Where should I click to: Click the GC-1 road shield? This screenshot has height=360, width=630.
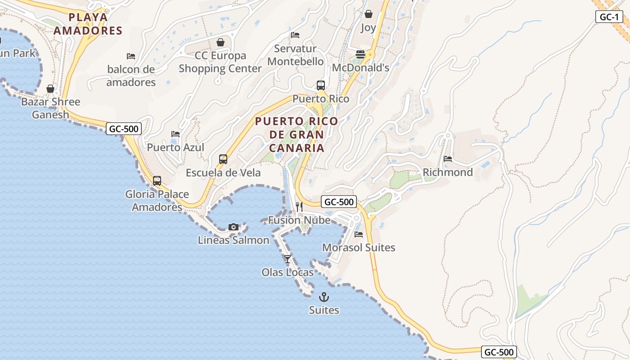[x=609, y=17]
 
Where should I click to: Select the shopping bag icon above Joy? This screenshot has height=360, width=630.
[x=368, y=14]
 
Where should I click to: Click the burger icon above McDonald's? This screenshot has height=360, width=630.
[x=360, y=54]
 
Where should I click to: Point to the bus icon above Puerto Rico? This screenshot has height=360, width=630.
[x=320, y=85]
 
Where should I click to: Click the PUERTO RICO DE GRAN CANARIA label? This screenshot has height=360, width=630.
[x=296, y=135]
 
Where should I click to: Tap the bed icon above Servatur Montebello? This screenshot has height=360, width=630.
[x=295, y=35]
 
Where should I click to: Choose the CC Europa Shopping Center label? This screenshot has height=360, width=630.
[x=220, y=62]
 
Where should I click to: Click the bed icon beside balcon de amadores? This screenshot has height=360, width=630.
[x=131, y=56]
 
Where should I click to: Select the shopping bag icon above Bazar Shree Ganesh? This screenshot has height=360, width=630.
[x=50, y=89]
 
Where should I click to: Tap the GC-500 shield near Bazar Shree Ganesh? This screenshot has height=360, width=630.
[x=124, y=129]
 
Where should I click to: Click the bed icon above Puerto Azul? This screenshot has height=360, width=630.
[x=175, y=134]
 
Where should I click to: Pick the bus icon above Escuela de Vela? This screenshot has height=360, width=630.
[x=223, y=159]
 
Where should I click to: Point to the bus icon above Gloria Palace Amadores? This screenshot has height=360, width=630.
[x=157, y=181]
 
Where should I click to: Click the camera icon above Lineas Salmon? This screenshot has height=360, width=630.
[x=233, y=227]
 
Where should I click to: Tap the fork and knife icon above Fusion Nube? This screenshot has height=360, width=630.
[x=299, y=207]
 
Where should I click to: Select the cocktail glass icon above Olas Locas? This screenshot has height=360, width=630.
[x=287, y=259]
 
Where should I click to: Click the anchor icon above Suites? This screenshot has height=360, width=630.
[x=324, y=297]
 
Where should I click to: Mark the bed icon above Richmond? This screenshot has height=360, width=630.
[x=447, y=159]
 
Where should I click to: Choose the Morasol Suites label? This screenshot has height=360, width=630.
[x=358, y=247]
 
